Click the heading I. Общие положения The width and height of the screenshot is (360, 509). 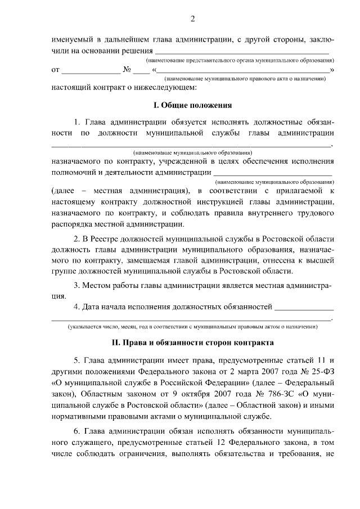[x=192, y=105]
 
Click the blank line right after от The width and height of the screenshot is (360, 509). [x=91, y=70]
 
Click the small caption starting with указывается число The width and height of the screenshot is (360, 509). [x=191, y=327]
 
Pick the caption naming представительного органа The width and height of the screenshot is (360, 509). [x=236, y=60]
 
